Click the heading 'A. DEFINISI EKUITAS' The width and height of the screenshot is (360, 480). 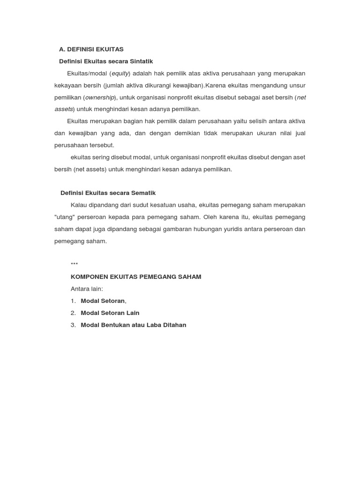point(91,49)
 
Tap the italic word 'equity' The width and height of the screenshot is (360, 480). point(120,74)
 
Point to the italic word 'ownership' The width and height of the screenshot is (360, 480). point(100,97)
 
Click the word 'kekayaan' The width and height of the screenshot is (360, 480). point(68,85)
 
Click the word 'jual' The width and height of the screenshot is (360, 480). point(300,133)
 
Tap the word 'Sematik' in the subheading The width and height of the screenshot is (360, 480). point(143,193)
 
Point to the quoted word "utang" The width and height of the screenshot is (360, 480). point(64,217)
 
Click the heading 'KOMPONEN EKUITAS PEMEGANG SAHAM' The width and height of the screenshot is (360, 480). point(135,277)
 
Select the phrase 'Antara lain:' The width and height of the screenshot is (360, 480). point(87,289)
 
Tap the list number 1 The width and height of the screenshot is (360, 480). point(73,301)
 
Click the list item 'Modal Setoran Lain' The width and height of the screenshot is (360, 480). point(110,313)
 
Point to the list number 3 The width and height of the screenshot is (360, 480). point(73,325)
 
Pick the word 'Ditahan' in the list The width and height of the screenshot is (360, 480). point(175,325)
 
